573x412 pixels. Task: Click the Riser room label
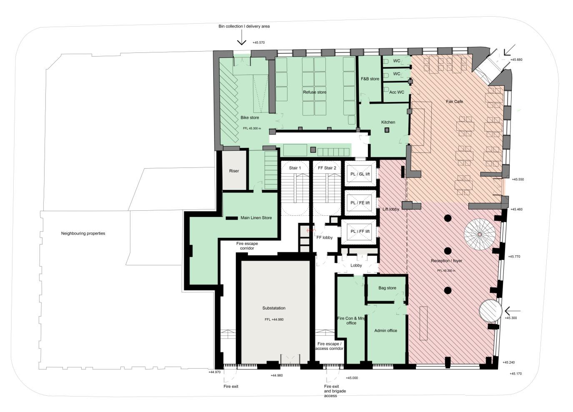pos(234,171)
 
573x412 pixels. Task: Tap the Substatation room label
pos(274,308)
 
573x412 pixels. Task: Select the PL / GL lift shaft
pos(360,174)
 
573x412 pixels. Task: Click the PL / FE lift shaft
pos(360,203)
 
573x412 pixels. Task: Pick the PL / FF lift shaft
pos(360,232)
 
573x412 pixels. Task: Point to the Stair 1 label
pos(295,168)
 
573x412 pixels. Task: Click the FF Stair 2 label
pos(327,168)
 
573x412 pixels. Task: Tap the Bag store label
pos(387,288)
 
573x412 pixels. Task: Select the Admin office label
pos(385,331)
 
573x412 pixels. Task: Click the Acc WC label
pos(396,92)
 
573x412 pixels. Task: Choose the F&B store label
pos(370,79)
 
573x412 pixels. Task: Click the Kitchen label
pos(388,122)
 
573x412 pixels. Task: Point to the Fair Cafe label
pos(454,102)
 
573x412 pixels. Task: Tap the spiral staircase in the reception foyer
pos(480,235)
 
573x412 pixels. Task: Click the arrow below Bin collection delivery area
pos(241,40)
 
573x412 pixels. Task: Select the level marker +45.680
pos(516,60)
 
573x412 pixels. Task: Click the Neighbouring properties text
pos(83,234)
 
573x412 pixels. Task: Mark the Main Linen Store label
pos(256,218)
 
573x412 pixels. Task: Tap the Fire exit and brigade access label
pos(335,391)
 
